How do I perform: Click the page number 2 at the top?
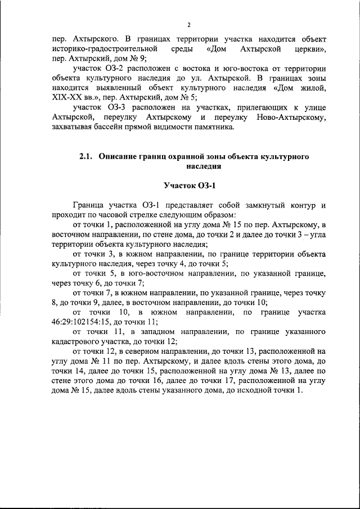[x=189, y=25]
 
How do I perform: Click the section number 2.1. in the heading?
[x=88, y=157]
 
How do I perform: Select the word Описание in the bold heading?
[x=120, y=157]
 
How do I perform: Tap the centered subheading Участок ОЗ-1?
[x=190, y=185]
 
